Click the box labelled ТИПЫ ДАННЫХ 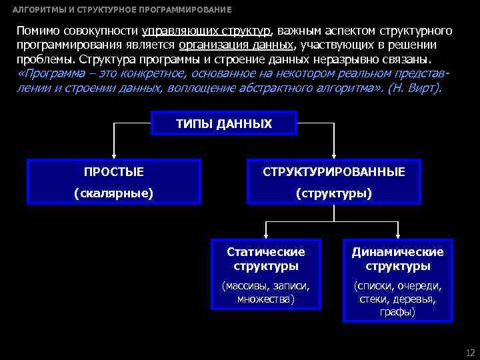224,124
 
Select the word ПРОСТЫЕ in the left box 114,172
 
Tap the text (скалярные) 114,193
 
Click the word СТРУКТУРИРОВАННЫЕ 333,172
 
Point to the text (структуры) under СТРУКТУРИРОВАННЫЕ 333,193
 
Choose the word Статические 266,252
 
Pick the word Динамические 398,252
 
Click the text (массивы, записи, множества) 266,292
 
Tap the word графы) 398,311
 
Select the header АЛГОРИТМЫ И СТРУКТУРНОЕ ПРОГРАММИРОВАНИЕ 123,10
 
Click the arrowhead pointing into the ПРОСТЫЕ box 114,155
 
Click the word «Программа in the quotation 50,73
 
